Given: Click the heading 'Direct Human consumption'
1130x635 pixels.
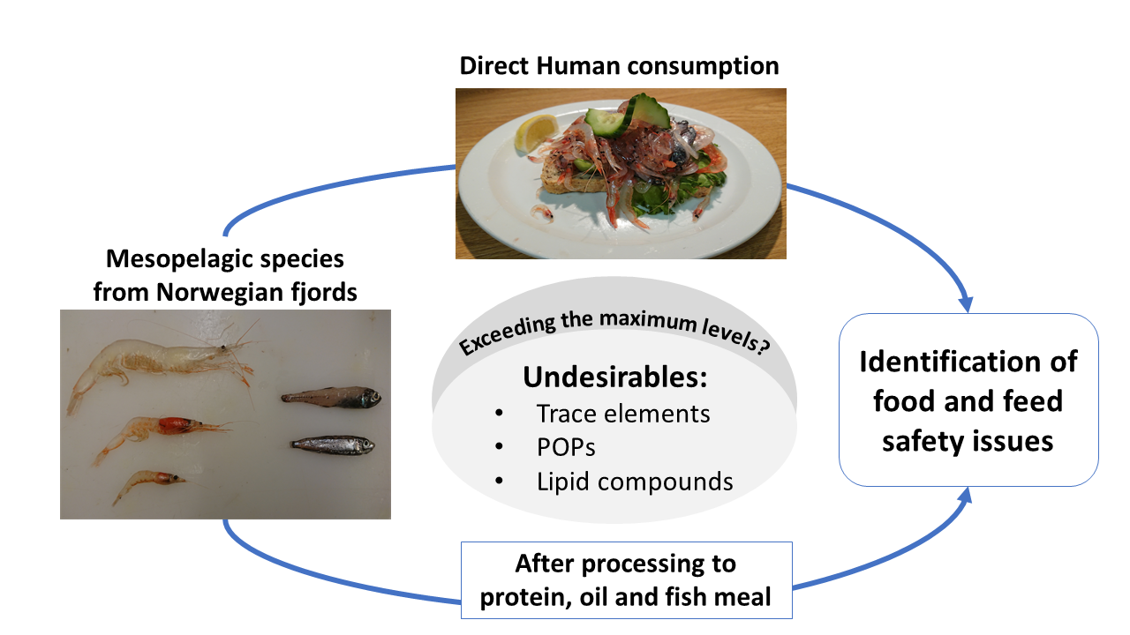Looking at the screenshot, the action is pos(618,66).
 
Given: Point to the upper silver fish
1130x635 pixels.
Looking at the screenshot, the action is pos(331,398).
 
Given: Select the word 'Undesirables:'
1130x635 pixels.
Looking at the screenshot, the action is pos(614,377).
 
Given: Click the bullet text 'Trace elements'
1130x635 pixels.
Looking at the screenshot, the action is pos(622,413).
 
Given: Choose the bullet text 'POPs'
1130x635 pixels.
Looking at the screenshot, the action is pos(566,447).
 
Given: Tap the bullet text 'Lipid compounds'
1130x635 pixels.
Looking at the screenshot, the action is pos(634,482).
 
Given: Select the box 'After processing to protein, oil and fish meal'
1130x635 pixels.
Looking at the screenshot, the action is pos(626,579).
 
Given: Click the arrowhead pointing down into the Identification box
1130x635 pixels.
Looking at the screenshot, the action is pos(965,303).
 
